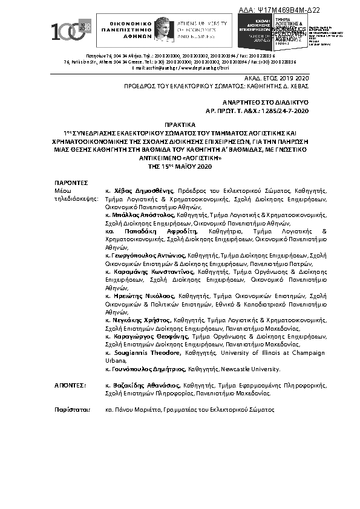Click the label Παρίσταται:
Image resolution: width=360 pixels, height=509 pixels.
pyautogui.click(x=71, y=409)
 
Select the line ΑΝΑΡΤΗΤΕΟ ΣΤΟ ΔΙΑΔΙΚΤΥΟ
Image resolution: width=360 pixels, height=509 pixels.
pyautogui.click(x=266, y=103)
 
